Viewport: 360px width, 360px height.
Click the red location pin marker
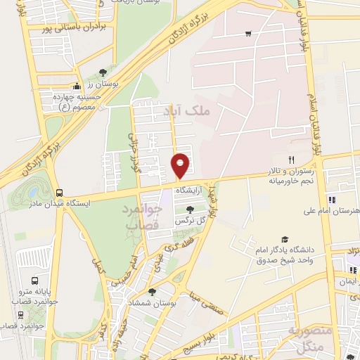pyautogui.click(x=181, y=165)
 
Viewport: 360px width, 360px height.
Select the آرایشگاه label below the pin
pyautogui.click(x=189, y=191)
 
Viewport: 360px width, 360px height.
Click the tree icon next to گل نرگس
pyautogui.click(x=189, y=208)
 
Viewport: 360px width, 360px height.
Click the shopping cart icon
pyautogui.click(x=248, y=33)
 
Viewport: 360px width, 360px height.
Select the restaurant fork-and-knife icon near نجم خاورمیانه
pyautogui.click(x=290, y=160)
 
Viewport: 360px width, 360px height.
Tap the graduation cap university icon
pyautogui.click(x=285, y=240)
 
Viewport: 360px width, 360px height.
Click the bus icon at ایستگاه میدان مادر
pyautogui.click(x=59, y=192)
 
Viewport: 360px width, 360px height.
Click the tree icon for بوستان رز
pyautogui.click(x=103, y=72)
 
